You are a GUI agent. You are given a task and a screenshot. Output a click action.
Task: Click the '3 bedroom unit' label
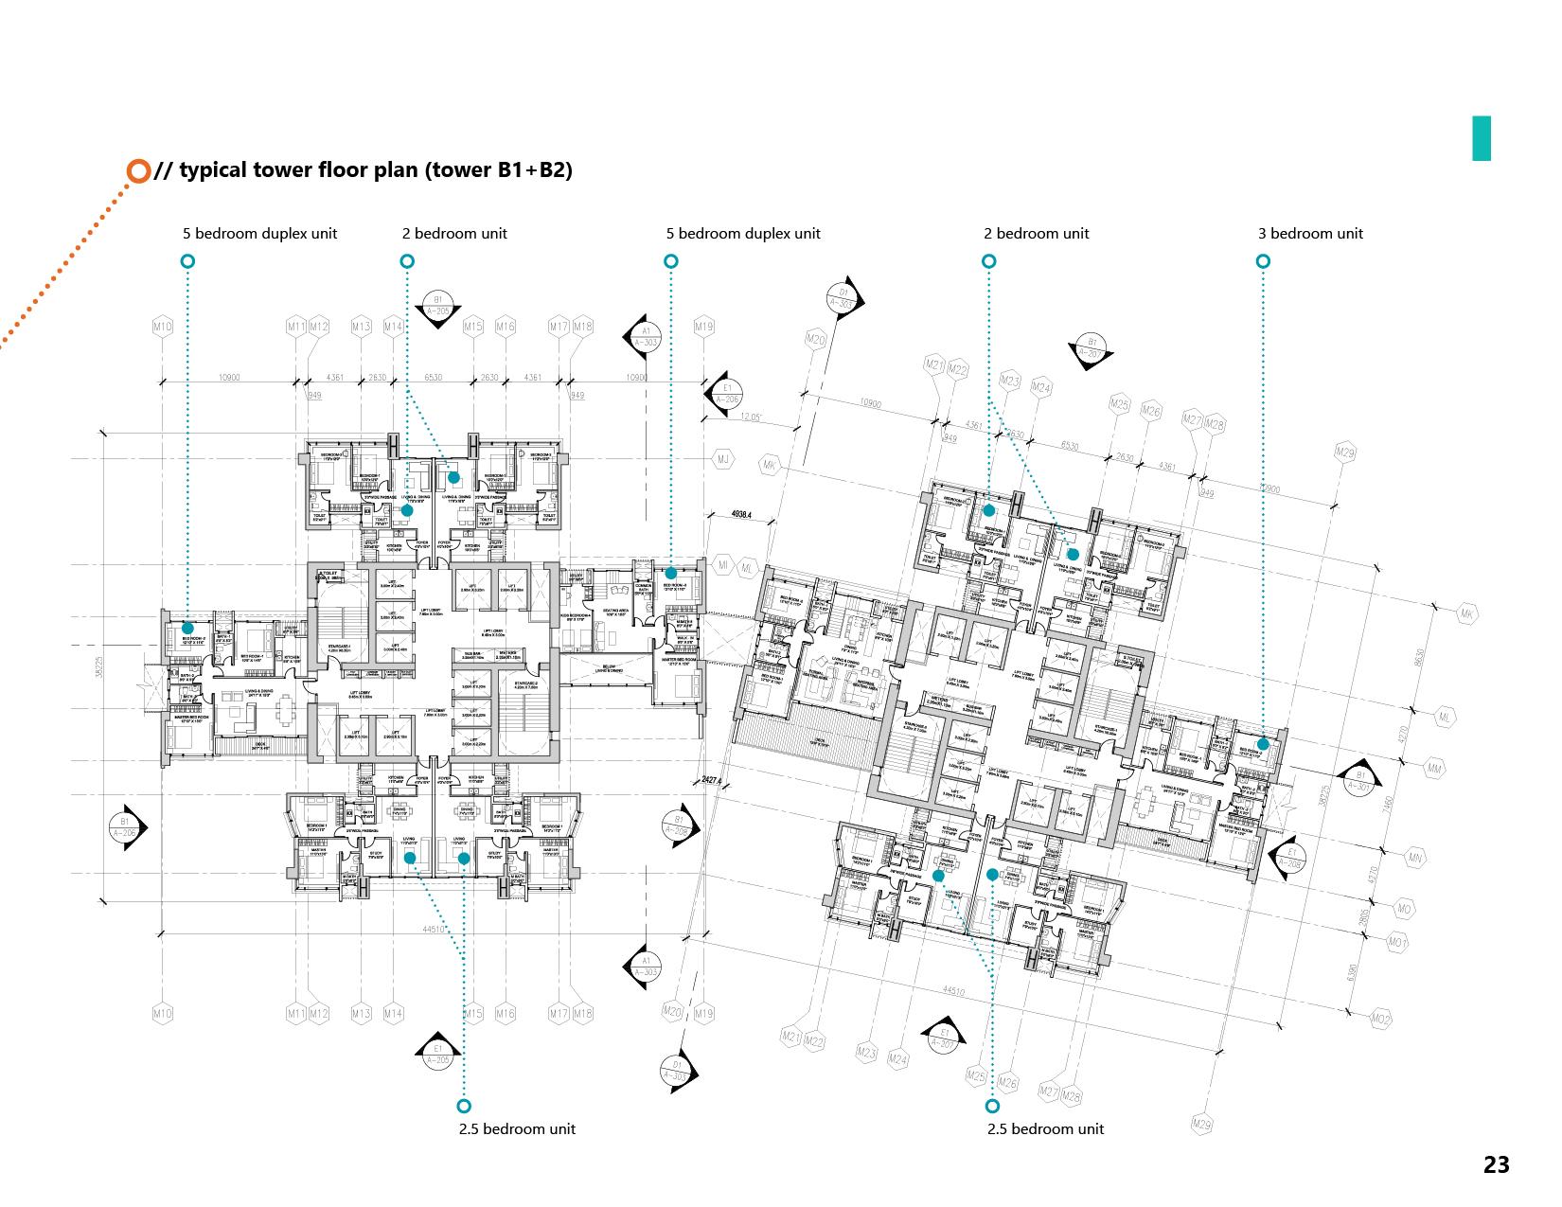[1310, 234]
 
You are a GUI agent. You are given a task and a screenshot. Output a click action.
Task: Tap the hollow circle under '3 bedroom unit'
[1263, 261]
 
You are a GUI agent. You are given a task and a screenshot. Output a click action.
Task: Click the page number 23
[1497, 1164]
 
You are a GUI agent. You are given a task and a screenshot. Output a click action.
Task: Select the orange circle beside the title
[138, 170]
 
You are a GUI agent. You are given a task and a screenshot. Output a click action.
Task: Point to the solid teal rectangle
[1482, 138]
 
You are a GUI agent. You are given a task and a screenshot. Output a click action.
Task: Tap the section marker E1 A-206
[727, 394]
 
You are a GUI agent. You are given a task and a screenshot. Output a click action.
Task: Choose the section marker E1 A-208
[1290, 858]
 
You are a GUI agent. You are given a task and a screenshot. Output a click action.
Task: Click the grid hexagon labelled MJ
[724, 460]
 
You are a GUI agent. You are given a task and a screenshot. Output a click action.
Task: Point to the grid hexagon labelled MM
[1434, 770]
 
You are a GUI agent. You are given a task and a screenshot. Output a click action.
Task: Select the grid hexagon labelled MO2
[1382, 1020]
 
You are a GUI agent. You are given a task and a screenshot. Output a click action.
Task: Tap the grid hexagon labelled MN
[1415, 859]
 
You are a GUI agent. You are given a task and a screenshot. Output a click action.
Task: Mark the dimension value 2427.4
[713, 781]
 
